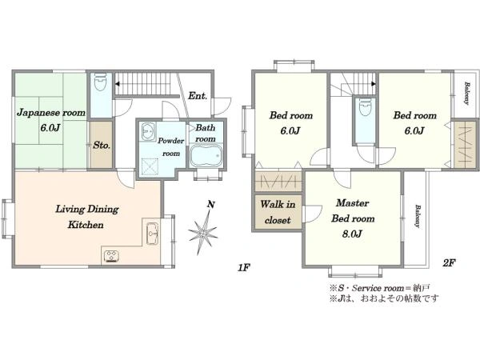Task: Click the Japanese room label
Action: click(51, 113)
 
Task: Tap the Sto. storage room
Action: click(102, 145)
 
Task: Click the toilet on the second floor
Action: click(366, 106)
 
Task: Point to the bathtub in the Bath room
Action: click(206, 155)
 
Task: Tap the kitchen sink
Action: click(152, 234)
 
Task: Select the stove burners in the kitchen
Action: click(111, 256)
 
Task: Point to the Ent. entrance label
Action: click(198, 96)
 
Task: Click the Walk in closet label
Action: click(278, 212)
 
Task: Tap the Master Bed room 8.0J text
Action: click(353, 218)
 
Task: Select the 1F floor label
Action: click(244, 268)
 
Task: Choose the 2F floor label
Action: click(449, 262)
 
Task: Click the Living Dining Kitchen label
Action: click(86, 217)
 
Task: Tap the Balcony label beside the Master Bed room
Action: click(418, 216)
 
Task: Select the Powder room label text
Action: click(170, 147)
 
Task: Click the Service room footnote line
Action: click(379, 288)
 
